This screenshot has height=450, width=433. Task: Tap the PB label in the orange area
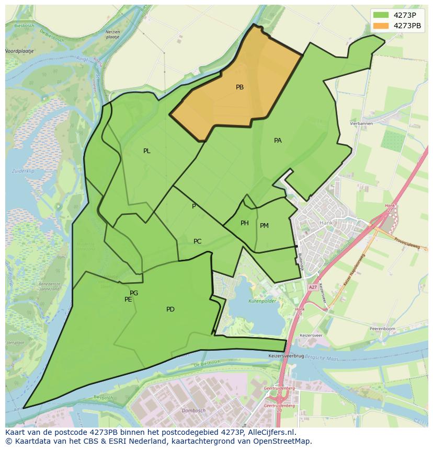(240, 87)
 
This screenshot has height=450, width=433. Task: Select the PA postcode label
(278, 141)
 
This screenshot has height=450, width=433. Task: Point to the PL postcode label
(147, 151)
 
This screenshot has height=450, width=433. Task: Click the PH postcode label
(245, 223)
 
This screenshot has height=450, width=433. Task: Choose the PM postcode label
(264, 226)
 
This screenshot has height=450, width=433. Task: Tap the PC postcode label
(197, 241)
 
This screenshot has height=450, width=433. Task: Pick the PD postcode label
(170, 309)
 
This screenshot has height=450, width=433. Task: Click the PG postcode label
(134, 293)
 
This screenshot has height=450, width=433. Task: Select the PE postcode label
(128, 299)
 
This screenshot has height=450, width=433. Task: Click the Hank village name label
(326, 222)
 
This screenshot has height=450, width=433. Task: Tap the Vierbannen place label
(361, 123)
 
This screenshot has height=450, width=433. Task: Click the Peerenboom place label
(383, 329)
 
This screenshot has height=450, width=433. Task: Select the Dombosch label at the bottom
(193, 411)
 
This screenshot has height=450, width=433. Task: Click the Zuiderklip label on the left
(23, 171)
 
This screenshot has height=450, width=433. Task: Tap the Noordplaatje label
(19, 51)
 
